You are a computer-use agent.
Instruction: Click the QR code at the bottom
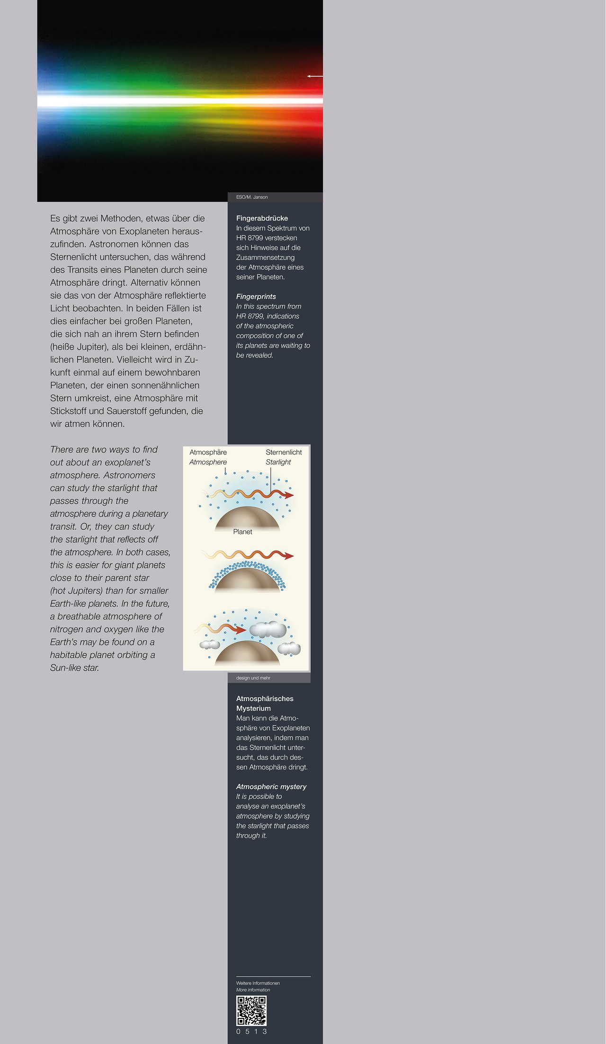point(251,1010)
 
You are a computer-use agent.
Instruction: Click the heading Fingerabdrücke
point(262,218)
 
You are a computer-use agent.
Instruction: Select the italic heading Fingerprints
point(256,296)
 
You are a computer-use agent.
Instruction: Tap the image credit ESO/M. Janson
point(252,197)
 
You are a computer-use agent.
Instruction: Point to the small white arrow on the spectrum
point(314,76)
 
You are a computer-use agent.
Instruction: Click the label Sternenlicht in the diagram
point(284,452)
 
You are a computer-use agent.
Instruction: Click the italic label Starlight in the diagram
point(278,462)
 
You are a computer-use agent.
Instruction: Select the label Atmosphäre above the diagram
point(208,452)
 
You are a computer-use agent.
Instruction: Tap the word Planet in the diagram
point(242,532)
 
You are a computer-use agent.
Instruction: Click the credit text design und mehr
point(253,678)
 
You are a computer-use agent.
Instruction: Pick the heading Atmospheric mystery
point(271,786)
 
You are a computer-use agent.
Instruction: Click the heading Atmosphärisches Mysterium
point(264,704)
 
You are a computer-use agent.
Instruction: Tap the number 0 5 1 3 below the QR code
point(251,1031)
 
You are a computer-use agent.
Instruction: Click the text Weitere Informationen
point(258,983)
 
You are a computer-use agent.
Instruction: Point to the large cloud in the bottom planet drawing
point(268,630)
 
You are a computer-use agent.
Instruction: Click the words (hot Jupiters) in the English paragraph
point(76,590)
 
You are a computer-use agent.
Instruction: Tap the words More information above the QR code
point(253,990)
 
